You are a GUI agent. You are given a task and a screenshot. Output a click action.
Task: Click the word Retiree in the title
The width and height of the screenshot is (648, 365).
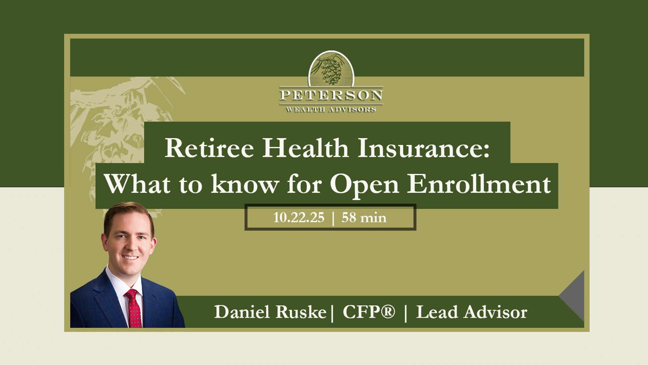point(209,148)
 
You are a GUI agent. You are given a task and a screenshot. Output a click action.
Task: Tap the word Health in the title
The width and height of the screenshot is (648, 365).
point(305,148)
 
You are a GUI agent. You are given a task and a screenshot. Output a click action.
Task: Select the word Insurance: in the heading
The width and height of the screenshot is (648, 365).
point(424,148)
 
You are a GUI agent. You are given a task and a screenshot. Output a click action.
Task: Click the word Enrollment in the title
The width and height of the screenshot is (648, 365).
point(479,184)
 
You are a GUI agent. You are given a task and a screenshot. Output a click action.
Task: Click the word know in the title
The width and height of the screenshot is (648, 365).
point(245,184)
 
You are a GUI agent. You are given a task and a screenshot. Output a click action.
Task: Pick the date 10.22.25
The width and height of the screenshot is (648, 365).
point(299,218)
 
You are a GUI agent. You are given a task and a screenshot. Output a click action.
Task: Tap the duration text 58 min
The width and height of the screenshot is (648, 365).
point(364,218)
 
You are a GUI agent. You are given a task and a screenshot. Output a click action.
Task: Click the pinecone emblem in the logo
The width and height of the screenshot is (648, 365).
point(331,69)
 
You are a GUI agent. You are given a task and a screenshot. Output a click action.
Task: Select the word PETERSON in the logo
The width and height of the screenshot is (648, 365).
point(331,95)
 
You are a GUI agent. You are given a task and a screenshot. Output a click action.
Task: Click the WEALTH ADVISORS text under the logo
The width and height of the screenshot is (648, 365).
point(331,109)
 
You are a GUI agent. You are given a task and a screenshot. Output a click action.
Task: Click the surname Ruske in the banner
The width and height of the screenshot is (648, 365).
point(301,312)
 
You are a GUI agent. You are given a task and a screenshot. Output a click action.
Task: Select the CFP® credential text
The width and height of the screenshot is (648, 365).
point(369,312)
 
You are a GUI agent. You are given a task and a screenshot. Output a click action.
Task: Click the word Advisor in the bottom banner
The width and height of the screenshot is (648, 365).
point(495,312)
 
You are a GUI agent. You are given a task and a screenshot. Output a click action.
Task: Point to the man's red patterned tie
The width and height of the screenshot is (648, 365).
point(134,309)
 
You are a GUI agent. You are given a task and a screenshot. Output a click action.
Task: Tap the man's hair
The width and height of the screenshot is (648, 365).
point(128,211)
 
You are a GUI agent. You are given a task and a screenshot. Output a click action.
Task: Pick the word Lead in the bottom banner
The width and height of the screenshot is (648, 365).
point(437,312)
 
